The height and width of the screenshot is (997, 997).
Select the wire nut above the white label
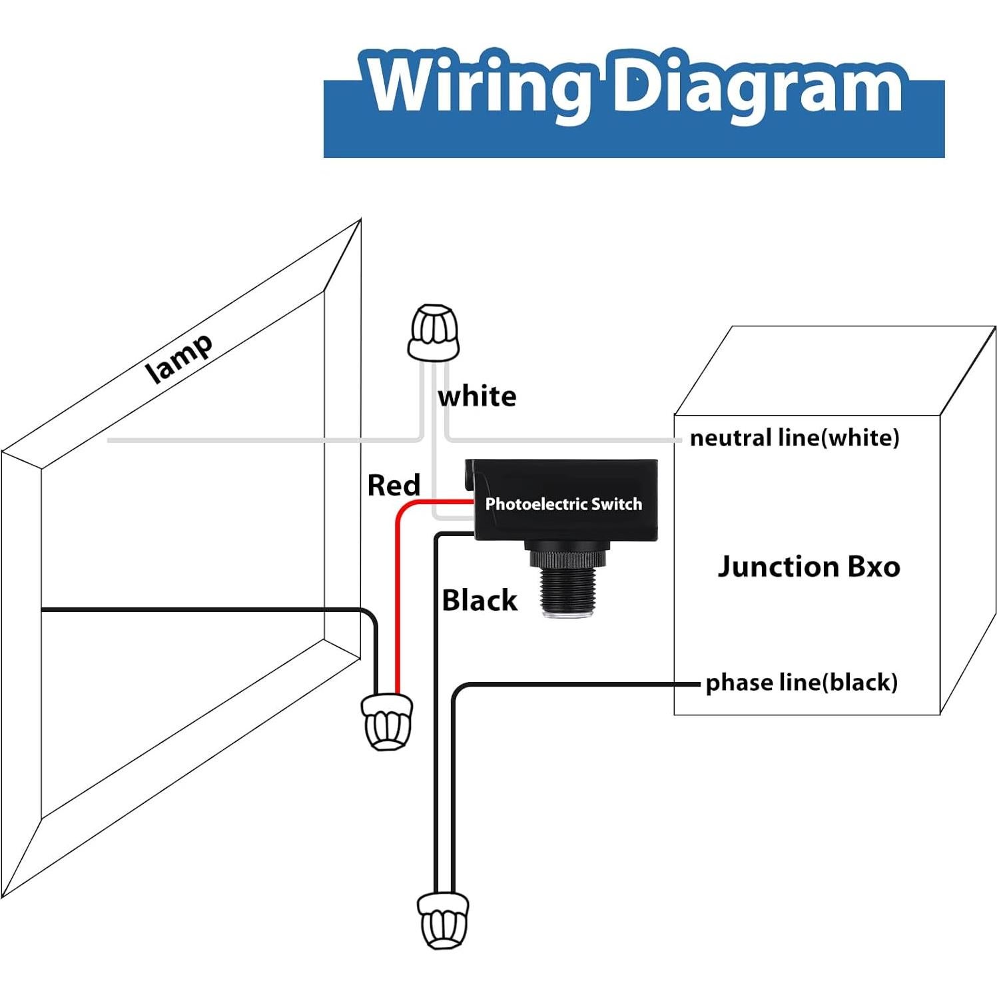tap(434, 333)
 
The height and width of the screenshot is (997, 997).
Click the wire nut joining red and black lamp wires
tap(386, 722)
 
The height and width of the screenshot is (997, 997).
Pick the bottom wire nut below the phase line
tap(443, 920)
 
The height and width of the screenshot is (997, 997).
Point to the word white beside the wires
tap(477, 396)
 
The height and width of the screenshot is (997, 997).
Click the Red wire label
tap(394, 485)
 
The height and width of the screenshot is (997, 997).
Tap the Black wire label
tap(480, 600)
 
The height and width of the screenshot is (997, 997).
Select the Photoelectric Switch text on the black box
tap(563, 504)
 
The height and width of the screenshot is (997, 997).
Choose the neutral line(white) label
tap(794, 438)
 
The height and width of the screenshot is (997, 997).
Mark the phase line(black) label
tap(801, 682)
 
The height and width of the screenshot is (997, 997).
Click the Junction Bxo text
tap(809, 567)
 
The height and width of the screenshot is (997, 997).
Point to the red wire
tap(398, 599)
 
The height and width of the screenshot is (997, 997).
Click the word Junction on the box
tap(778, 567)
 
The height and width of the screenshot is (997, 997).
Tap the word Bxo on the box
tap(874, 567)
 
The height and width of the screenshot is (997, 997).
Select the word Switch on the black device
tap(616, 504)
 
